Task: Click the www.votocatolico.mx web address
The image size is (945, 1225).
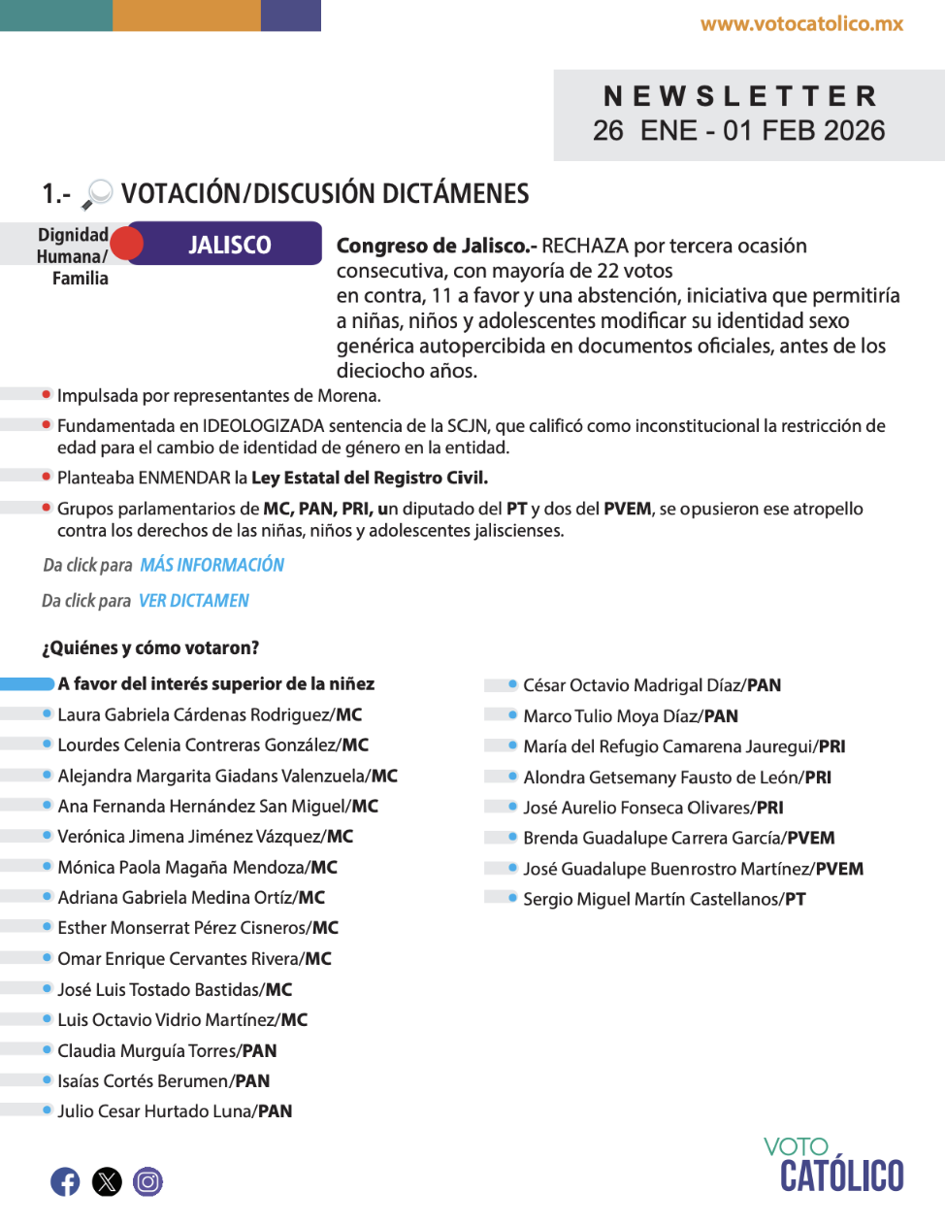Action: pos(801,24)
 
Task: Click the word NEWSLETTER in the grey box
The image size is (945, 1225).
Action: pos(740,96)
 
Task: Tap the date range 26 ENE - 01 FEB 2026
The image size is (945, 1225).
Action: pos(739,131)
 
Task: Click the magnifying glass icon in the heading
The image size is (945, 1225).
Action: pos(97,194)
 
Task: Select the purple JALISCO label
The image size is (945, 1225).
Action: pos(231,245)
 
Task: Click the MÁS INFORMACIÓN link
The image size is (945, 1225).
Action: pos(212,565)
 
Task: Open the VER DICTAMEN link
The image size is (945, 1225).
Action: pos(194,601)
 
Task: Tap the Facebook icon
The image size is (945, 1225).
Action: pos(65,1181)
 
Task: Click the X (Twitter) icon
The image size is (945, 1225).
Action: pos(107,1181)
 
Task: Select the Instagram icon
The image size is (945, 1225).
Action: pos(147,1181)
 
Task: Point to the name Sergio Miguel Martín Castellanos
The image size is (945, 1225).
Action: pos(651,900)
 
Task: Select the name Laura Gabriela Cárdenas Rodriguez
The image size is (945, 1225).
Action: pos(195,715)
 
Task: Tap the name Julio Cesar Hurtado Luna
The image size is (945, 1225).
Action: pos(156,1111)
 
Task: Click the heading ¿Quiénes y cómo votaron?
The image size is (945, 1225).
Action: pos(150,647)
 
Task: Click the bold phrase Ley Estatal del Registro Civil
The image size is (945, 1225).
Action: pos(369,478)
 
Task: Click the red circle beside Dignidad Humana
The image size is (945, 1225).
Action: pos(126,244)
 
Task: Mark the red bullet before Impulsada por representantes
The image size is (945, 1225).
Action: pos(47,394)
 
